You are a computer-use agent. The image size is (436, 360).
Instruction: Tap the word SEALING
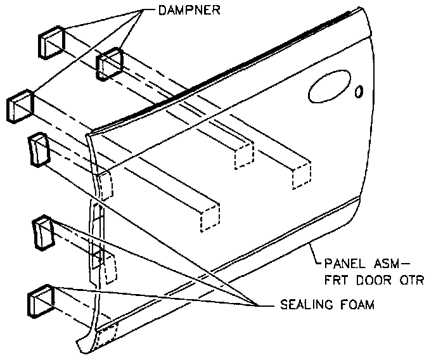[x=303, y=304]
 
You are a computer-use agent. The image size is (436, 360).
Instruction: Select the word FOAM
[x=357, y=304]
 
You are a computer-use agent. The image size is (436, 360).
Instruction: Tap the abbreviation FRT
[x=338, y=279]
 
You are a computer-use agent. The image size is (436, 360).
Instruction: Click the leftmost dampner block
[x=19, y=105]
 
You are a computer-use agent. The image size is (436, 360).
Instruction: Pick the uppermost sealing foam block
[x=37, y=150]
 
